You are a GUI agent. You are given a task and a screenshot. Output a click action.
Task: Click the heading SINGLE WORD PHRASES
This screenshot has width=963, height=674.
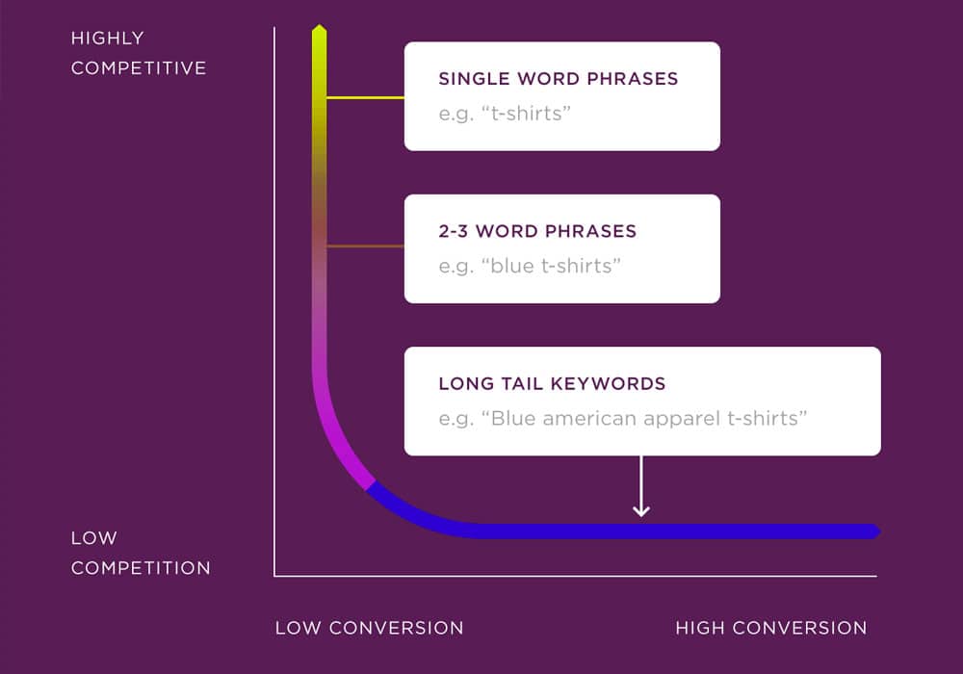tap(559, 79)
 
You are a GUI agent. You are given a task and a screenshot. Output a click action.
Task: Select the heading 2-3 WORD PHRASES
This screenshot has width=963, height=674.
tap(537, 231)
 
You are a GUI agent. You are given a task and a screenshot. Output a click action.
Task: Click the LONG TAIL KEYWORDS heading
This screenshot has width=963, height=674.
tap(552, 383)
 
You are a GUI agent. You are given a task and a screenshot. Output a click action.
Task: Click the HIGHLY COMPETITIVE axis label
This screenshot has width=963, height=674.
tap(139, 53)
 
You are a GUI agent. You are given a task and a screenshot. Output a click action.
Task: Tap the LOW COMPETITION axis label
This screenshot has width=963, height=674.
tap(141, 553)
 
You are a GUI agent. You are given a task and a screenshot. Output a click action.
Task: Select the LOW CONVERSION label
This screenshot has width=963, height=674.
tap(369, 628)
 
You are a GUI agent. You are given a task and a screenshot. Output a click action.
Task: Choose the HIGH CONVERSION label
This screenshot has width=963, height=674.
tap(771, 628)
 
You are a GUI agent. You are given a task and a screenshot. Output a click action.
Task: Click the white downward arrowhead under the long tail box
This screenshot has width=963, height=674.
tap(641, 510)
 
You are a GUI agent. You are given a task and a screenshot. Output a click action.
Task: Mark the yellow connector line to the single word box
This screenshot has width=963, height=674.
tap(365, 97)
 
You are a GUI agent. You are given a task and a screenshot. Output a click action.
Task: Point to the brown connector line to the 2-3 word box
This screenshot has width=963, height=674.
tap(365, 246)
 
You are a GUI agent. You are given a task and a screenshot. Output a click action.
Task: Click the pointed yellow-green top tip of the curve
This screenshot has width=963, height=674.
tap(320, 26)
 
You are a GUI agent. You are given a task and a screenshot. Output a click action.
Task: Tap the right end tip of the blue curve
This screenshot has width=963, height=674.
tap(879, 531)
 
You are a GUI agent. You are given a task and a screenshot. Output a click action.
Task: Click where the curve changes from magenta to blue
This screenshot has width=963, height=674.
tap(371, 486)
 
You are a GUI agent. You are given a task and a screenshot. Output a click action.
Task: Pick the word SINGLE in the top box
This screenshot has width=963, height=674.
tap(474, 79)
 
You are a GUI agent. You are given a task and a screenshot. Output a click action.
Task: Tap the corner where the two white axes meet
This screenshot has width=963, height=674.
tap(274, 576)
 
